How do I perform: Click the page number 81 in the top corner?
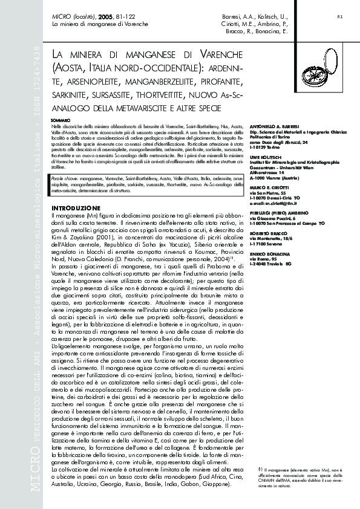[x=339, y=16]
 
